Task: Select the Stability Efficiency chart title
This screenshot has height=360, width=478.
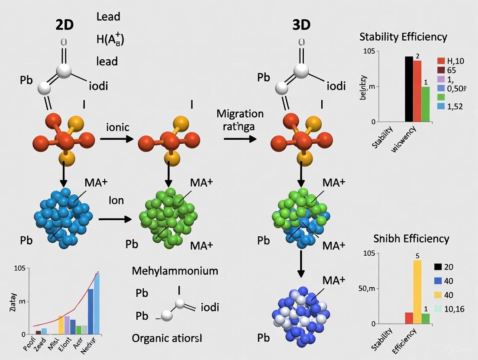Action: point(403,37)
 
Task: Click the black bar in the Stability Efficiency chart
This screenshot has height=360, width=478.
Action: point(409,89)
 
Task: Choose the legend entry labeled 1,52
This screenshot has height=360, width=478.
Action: point(457,106)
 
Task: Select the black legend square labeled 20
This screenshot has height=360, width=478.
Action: point(438,267)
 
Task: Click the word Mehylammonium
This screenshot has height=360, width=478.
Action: point(175,271)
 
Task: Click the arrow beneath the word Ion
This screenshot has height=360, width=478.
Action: point(115,219)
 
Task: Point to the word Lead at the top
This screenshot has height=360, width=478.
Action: point(108,17)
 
